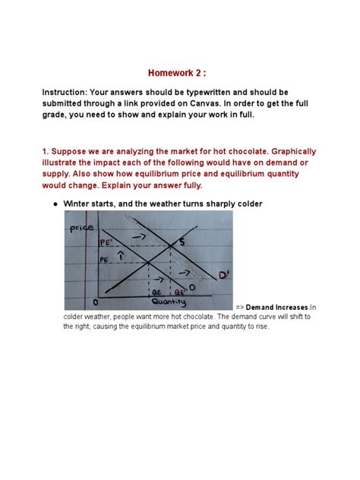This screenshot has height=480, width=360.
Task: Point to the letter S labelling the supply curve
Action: pyautogui.click(x=181, y=242)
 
